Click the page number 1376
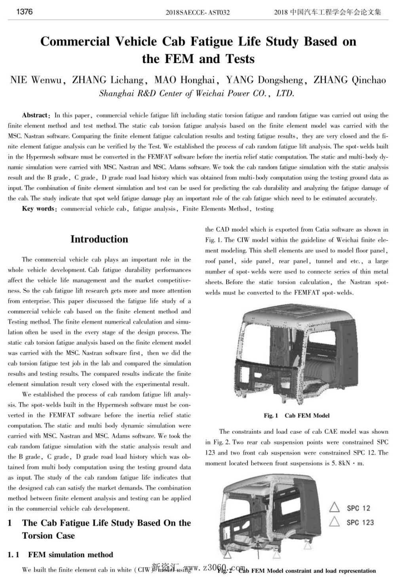click(x=25, y=11)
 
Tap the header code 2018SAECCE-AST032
click(x=198, y=12)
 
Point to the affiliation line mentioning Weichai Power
click(x=197, y=94)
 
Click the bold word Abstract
click(x=35, y=115)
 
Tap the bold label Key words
click(x=38, y=209)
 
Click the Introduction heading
click(x=99, y=239)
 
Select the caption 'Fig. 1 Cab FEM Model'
click(x=297, y=415)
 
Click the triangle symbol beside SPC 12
click(x=335, y=507)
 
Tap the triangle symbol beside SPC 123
click(x=335, y=522)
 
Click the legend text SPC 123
click(x=360, y=522)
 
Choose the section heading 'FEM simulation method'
click(x=70, y=555)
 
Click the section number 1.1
click(x=13, y=555)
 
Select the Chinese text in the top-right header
click(x=328, y=12)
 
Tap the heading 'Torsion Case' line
click(x=48, y=536)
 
